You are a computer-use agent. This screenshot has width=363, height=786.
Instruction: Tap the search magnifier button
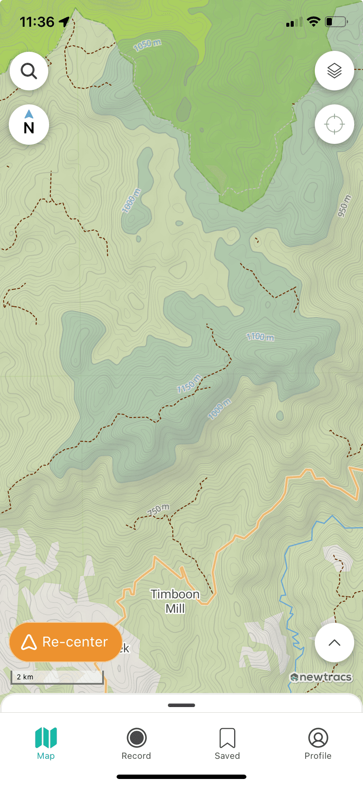click(29, 71)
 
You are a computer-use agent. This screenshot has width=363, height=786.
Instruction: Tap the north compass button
click(29, 125)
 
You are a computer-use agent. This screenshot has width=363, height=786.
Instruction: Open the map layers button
click(334, 71)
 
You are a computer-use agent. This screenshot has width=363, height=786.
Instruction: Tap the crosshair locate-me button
click(334, 124)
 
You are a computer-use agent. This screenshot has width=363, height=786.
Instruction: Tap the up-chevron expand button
click(334, 643)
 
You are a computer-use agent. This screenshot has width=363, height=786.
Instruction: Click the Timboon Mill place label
click(175, 601)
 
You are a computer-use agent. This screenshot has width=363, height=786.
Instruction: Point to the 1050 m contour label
click(147, 45)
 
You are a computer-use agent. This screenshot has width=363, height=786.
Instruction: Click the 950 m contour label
click(344, 206)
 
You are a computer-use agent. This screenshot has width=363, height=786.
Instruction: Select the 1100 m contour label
click(260, 337)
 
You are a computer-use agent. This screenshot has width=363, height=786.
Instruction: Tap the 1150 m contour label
click(189, 384)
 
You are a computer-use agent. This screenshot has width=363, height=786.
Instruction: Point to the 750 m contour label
click(158, 510)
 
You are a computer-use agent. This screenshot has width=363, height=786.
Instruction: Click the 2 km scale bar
click(57, 677)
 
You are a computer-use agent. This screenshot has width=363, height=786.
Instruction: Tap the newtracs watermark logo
click(321, 677)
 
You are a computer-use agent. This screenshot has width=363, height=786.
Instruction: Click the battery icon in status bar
click(336, 21)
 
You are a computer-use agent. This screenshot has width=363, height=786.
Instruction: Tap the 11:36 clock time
click(37, 22)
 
